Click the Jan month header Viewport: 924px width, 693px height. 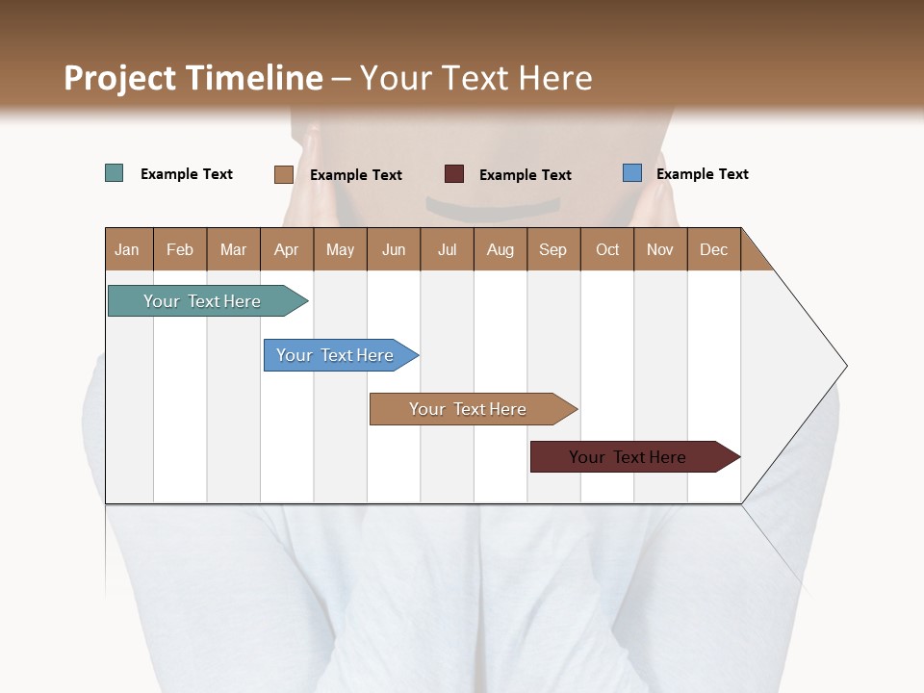127,249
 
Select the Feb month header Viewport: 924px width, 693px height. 180,249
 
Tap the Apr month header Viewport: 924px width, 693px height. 286,249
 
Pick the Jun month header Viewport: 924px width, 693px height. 394,249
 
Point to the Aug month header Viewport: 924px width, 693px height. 500,249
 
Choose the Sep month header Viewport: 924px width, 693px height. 552,249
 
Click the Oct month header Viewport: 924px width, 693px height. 607,249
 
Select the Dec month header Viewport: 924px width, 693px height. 713,249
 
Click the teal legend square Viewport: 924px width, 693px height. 115,173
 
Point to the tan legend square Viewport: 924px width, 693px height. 283,174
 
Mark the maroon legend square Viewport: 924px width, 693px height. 454,174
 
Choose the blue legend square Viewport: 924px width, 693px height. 632,173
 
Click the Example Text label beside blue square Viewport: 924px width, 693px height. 702,174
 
